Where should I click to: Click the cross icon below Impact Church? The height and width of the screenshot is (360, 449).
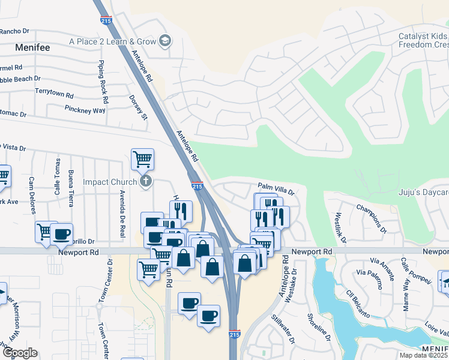[x=145, y=181]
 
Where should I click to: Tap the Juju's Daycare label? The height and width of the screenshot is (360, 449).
[x=424, y=193]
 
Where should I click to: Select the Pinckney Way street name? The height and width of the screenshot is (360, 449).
[x=85, y=110]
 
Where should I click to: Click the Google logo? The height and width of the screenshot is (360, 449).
[x=20, y=353]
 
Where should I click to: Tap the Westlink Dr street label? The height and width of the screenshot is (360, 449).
[x=340, y=228]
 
